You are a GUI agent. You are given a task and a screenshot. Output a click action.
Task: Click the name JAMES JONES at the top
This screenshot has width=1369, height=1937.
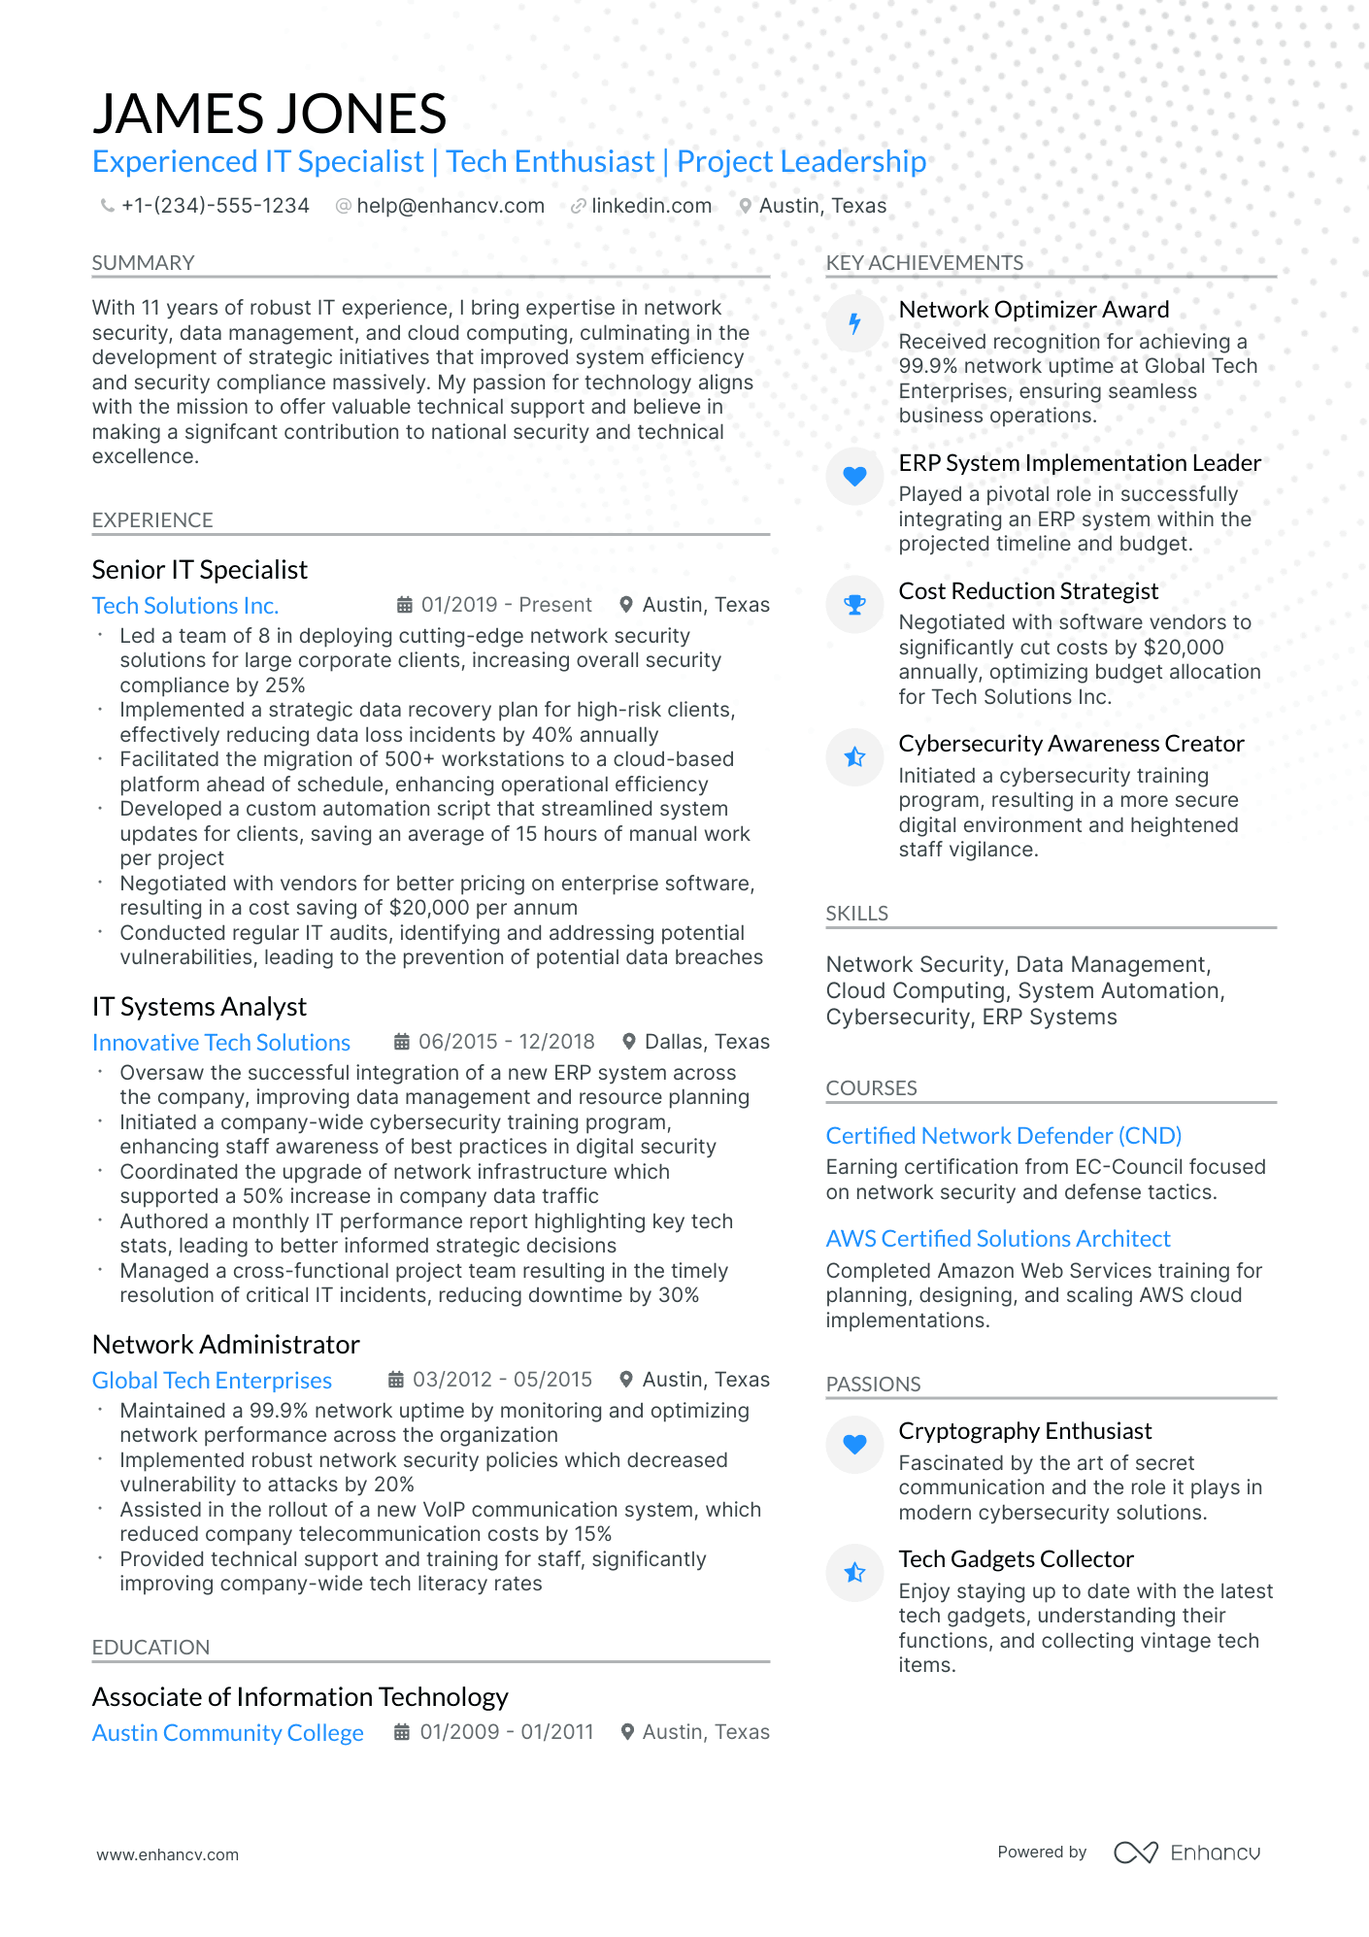(269, 114)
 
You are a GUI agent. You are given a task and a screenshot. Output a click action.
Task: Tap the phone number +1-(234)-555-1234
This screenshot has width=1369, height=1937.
(215, 206)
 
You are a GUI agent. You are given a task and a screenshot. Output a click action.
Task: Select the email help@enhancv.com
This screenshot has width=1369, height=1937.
(450, 206)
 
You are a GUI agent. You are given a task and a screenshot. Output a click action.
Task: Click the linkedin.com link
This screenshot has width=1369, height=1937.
(651, 206)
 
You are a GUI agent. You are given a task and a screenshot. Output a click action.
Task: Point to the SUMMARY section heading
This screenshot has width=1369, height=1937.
(143, 263)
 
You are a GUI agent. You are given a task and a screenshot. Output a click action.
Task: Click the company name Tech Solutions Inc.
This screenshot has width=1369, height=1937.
(185, 606)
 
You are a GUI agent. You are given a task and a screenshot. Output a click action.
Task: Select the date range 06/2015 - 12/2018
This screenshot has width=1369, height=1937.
(506, 1042)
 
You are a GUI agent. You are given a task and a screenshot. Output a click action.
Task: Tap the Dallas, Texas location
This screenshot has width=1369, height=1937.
(706, 1042)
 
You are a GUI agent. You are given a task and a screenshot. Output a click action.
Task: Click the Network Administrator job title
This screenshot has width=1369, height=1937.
(225, 1345)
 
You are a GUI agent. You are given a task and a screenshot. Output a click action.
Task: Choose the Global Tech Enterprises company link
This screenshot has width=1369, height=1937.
(212, 1381)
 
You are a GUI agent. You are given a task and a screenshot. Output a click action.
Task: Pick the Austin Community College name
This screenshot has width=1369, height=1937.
(227, 1733)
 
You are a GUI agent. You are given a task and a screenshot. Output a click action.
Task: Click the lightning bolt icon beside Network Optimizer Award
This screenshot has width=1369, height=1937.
(854, 323)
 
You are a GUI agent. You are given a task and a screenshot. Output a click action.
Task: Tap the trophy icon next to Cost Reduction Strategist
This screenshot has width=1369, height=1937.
(854, 605)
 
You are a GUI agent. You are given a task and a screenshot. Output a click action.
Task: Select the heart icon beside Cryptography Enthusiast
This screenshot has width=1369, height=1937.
(854, 1445)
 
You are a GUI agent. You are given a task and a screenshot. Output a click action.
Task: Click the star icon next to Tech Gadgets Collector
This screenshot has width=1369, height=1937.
(854, 1573)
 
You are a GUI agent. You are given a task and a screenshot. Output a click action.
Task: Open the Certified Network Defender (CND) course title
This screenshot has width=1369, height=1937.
(1003, 1136)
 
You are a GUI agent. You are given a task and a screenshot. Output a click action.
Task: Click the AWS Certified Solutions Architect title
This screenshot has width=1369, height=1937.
(997, 1239)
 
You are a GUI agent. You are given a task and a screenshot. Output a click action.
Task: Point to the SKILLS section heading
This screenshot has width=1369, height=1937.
(856, 914)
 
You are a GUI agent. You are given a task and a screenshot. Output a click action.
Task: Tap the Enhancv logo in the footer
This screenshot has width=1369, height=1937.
(1186, 1853)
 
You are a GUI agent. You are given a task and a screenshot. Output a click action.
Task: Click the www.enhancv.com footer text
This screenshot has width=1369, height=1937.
(167, 1854)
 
